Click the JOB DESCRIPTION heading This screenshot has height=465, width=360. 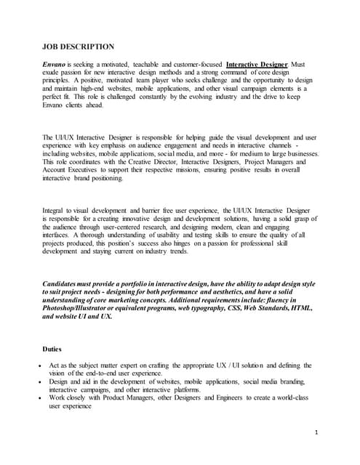point(79,47)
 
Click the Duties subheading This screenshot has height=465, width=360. point(53,349)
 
